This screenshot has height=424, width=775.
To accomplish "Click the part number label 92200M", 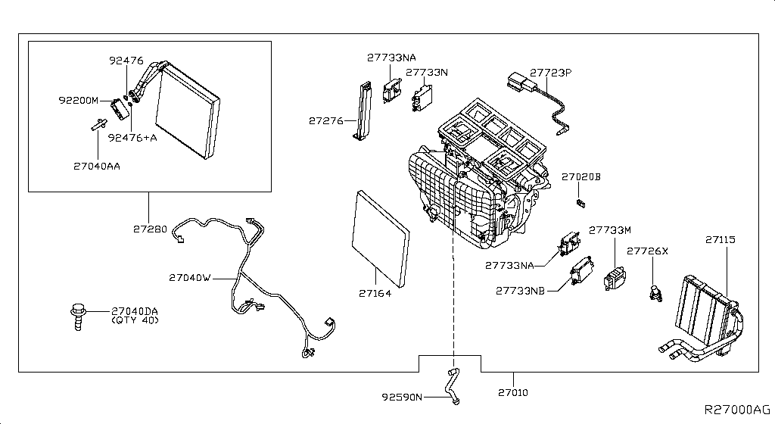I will tap(79, 99).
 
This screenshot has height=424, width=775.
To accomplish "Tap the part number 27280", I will tap(148, 227).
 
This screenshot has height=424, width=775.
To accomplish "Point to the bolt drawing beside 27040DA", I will tap(77, 314).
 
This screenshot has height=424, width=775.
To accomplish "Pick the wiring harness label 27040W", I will tap(189, 278).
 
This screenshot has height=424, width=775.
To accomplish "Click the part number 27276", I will tap(326, 120).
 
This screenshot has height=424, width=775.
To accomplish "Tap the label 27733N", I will tap(426, 73).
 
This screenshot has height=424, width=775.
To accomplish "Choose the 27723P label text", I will tap(550, 73).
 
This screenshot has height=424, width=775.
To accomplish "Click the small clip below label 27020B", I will tap(581, 202).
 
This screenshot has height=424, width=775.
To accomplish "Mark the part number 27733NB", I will tap(520, 290).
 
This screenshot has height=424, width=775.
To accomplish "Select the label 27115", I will tap(721, 239).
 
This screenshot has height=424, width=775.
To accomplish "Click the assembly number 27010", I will tap(513, 393).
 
